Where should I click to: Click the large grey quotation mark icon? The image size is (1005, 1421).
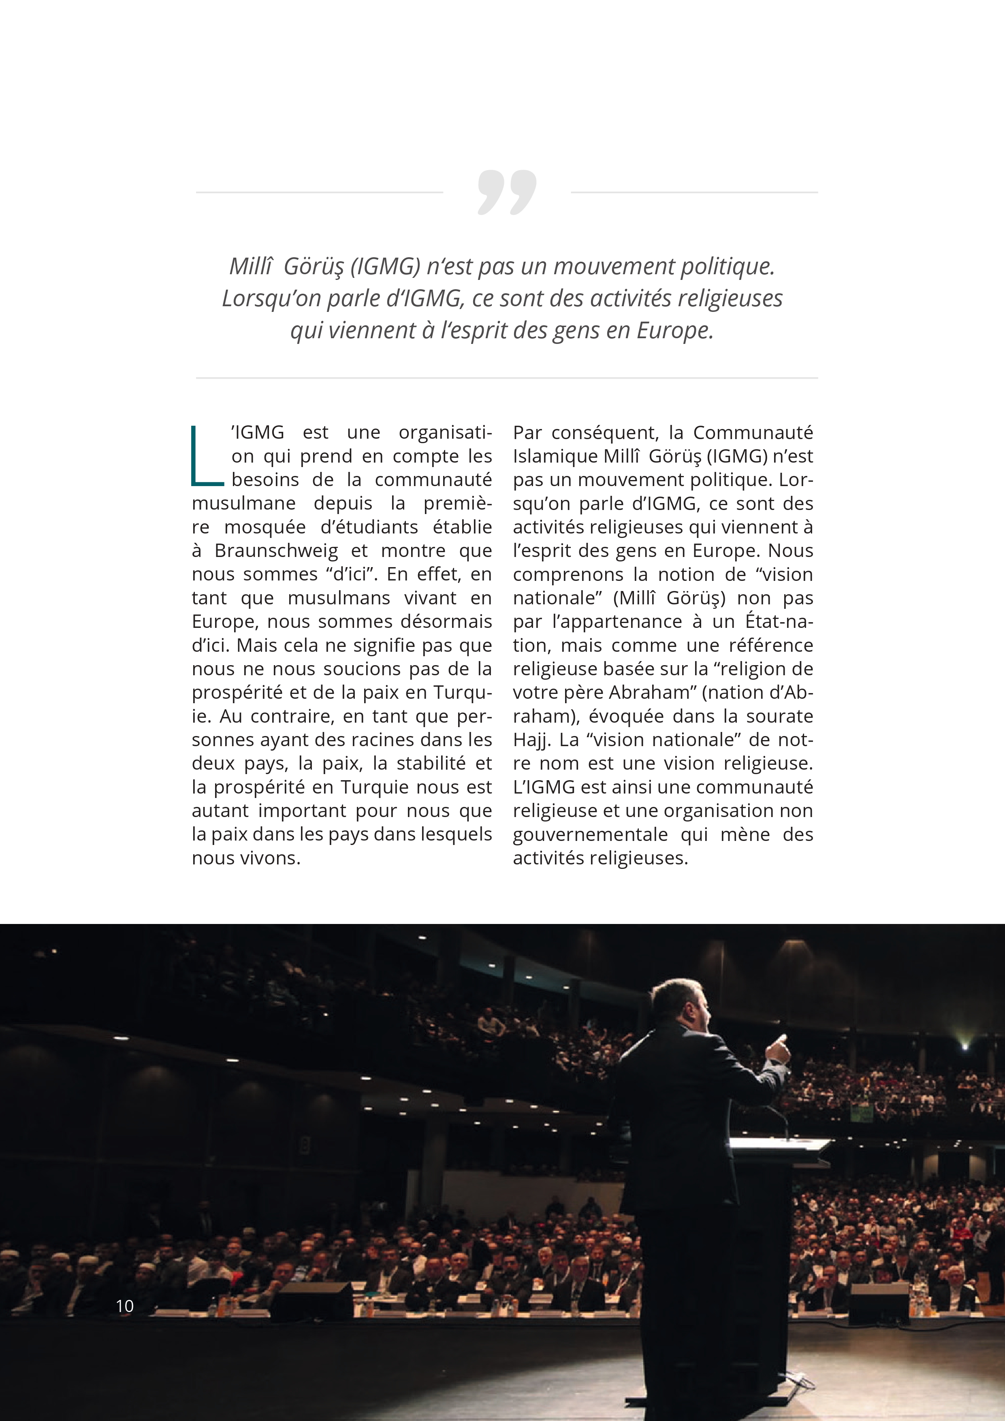507,192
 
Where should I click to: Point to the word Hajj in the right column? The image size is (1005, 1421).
530,740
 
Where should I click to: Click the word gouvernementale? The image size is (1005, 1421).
590,835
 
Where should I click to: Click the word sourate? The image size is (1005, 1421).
780,717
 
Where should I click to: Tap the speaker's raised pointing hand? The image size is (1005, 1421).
779,1048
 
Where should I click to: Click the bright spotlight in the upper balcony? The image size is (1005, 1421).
964,1047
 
